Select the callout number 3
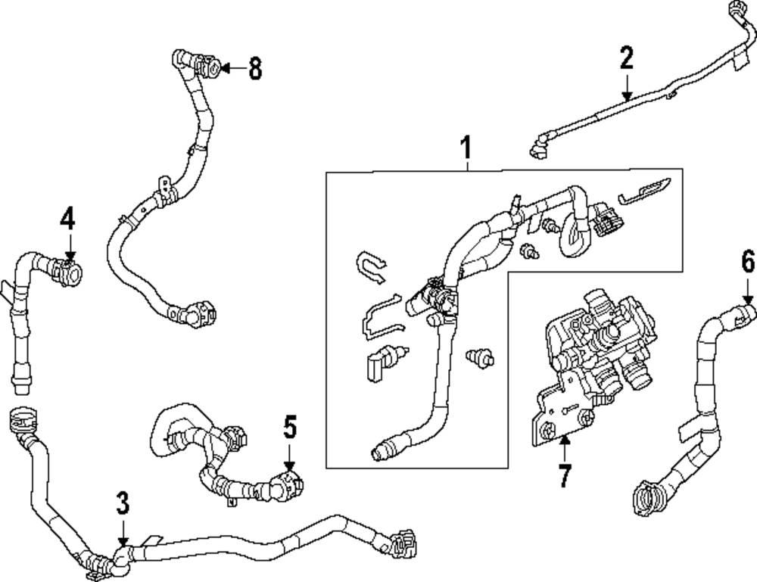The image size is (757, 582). (123, 503)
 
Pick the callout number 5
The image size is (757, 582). (289, 428)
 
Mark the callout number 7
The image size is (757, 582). (563, 475)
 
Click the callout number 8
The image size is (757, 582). (254, 69)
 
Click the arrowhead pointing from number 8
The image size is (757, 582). (226, 70)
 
